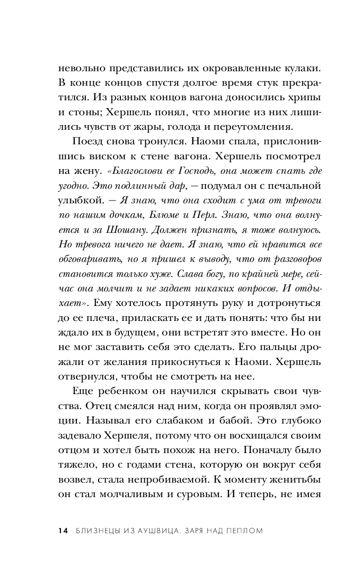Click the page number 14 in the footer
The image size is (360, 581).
tap(63, 530)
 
